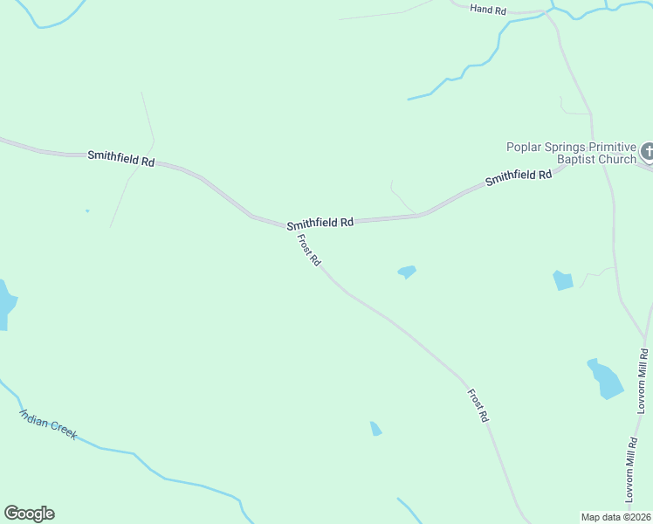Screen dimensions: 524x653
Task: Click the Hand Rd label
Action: pos(488,9)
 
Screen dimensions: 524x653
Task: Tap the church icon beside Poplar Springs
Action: pos(647,152)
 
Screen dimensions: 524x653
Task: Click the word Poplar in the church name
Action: pos(526,147)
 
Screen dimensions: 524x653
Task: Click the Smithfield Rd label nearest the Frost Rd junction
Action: pos(320,223)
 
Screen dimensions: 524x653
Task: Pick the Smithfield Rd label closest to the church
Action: pos(519,176)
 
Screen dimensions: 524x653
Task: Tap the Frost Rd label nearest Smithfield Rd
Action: pos(309,251)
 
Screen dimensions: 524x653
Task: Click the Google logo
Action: pos(29,514)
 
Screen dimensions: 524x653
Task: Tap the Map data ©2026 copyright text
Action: pos(616,516)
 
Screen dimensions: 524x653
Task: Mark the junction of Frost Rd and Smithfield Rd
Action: pos(287,226)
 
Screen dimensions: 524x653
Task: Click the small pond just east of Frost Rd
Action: pos(407,272)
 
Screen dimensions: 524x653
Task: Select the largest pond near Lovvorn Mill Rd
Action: pos(606,379)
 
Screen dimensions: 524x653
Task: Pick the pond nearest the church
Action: pos(563,280)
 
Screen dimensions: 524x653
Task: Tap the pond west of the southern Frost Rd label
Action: pos(375,428)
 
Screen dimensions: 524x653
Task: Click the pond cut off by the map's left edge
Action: pos(5,305)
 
